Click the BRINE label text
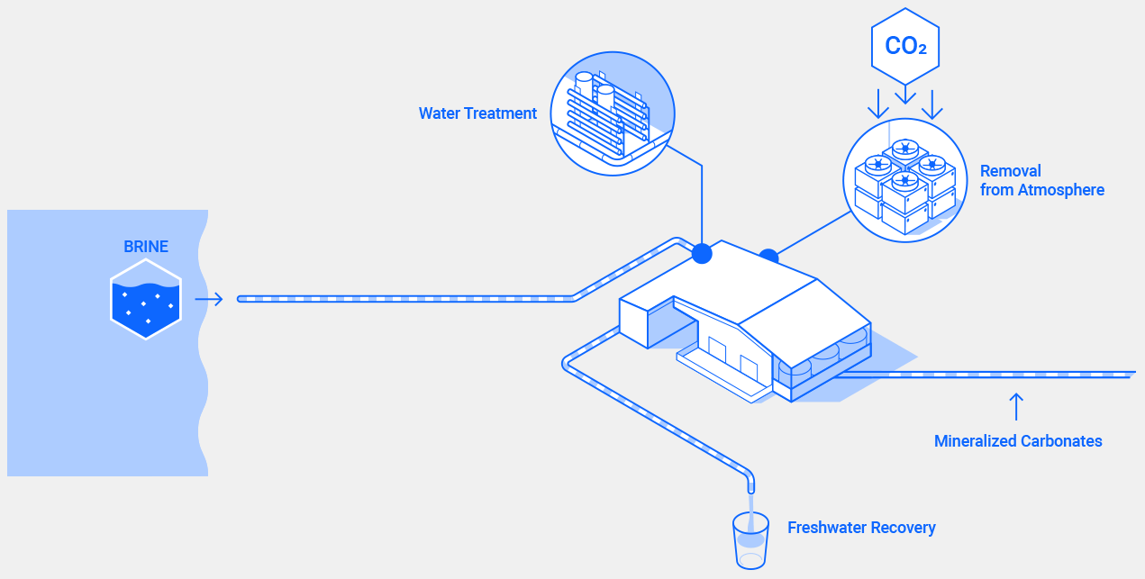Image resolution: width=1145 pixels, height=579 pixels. click(x=146, y=247)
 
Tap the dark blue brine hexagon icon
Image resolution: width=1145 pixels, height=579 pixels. click(x=146, y=299)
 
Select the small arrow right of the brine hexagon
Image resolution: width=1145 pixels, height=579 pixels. click(x=209, y=299)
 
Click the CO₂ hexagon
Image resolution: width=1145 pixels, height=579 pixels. click(x=905, y=46)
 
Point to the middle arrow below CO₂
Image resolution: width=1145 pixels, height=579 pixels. click(x=905, y=94)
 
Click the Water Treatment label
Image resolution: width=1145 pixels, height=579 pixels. click(x=477, y=113)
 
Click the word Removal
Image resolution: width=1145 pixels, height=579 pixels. click(x=1010, y=171)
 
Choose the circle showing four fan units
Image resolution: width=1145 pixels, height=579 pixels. click(x=904, y=180)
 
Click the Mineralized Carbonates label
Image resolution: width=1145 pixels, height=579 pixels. click(x=1018, y=441)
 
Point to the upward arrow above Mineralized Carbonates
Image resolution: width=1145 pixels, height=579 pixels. click(x=1017, y=406)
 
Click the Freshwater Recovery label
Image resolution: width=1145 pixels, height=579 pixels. click(x=861, y=528)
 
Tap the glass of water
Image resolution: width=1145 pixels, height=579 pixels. click(x=750, y=540)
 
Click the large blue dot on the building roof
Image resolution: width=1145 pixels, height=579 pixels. click(x=702, y=254)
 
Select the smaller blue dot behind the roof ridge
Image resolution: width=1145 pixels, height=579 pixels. click(x=768, y=256)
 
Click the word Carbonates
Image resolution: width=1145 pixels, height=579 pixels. click(x=1061, y=441)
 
